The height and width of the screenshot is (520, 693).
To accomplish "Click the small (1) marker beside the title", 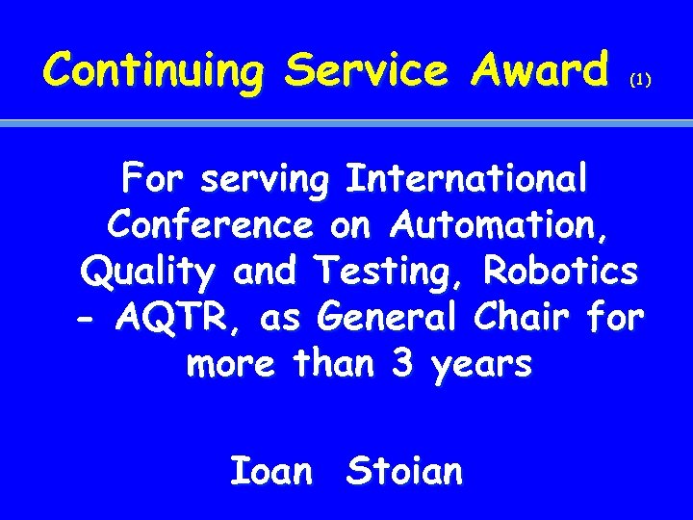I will click(640, 82).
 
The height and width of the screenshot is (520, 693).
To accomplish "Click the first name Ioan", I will click(271, 471).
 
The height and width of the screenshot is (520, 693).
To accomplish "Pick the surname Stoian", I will click(404, 471).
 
